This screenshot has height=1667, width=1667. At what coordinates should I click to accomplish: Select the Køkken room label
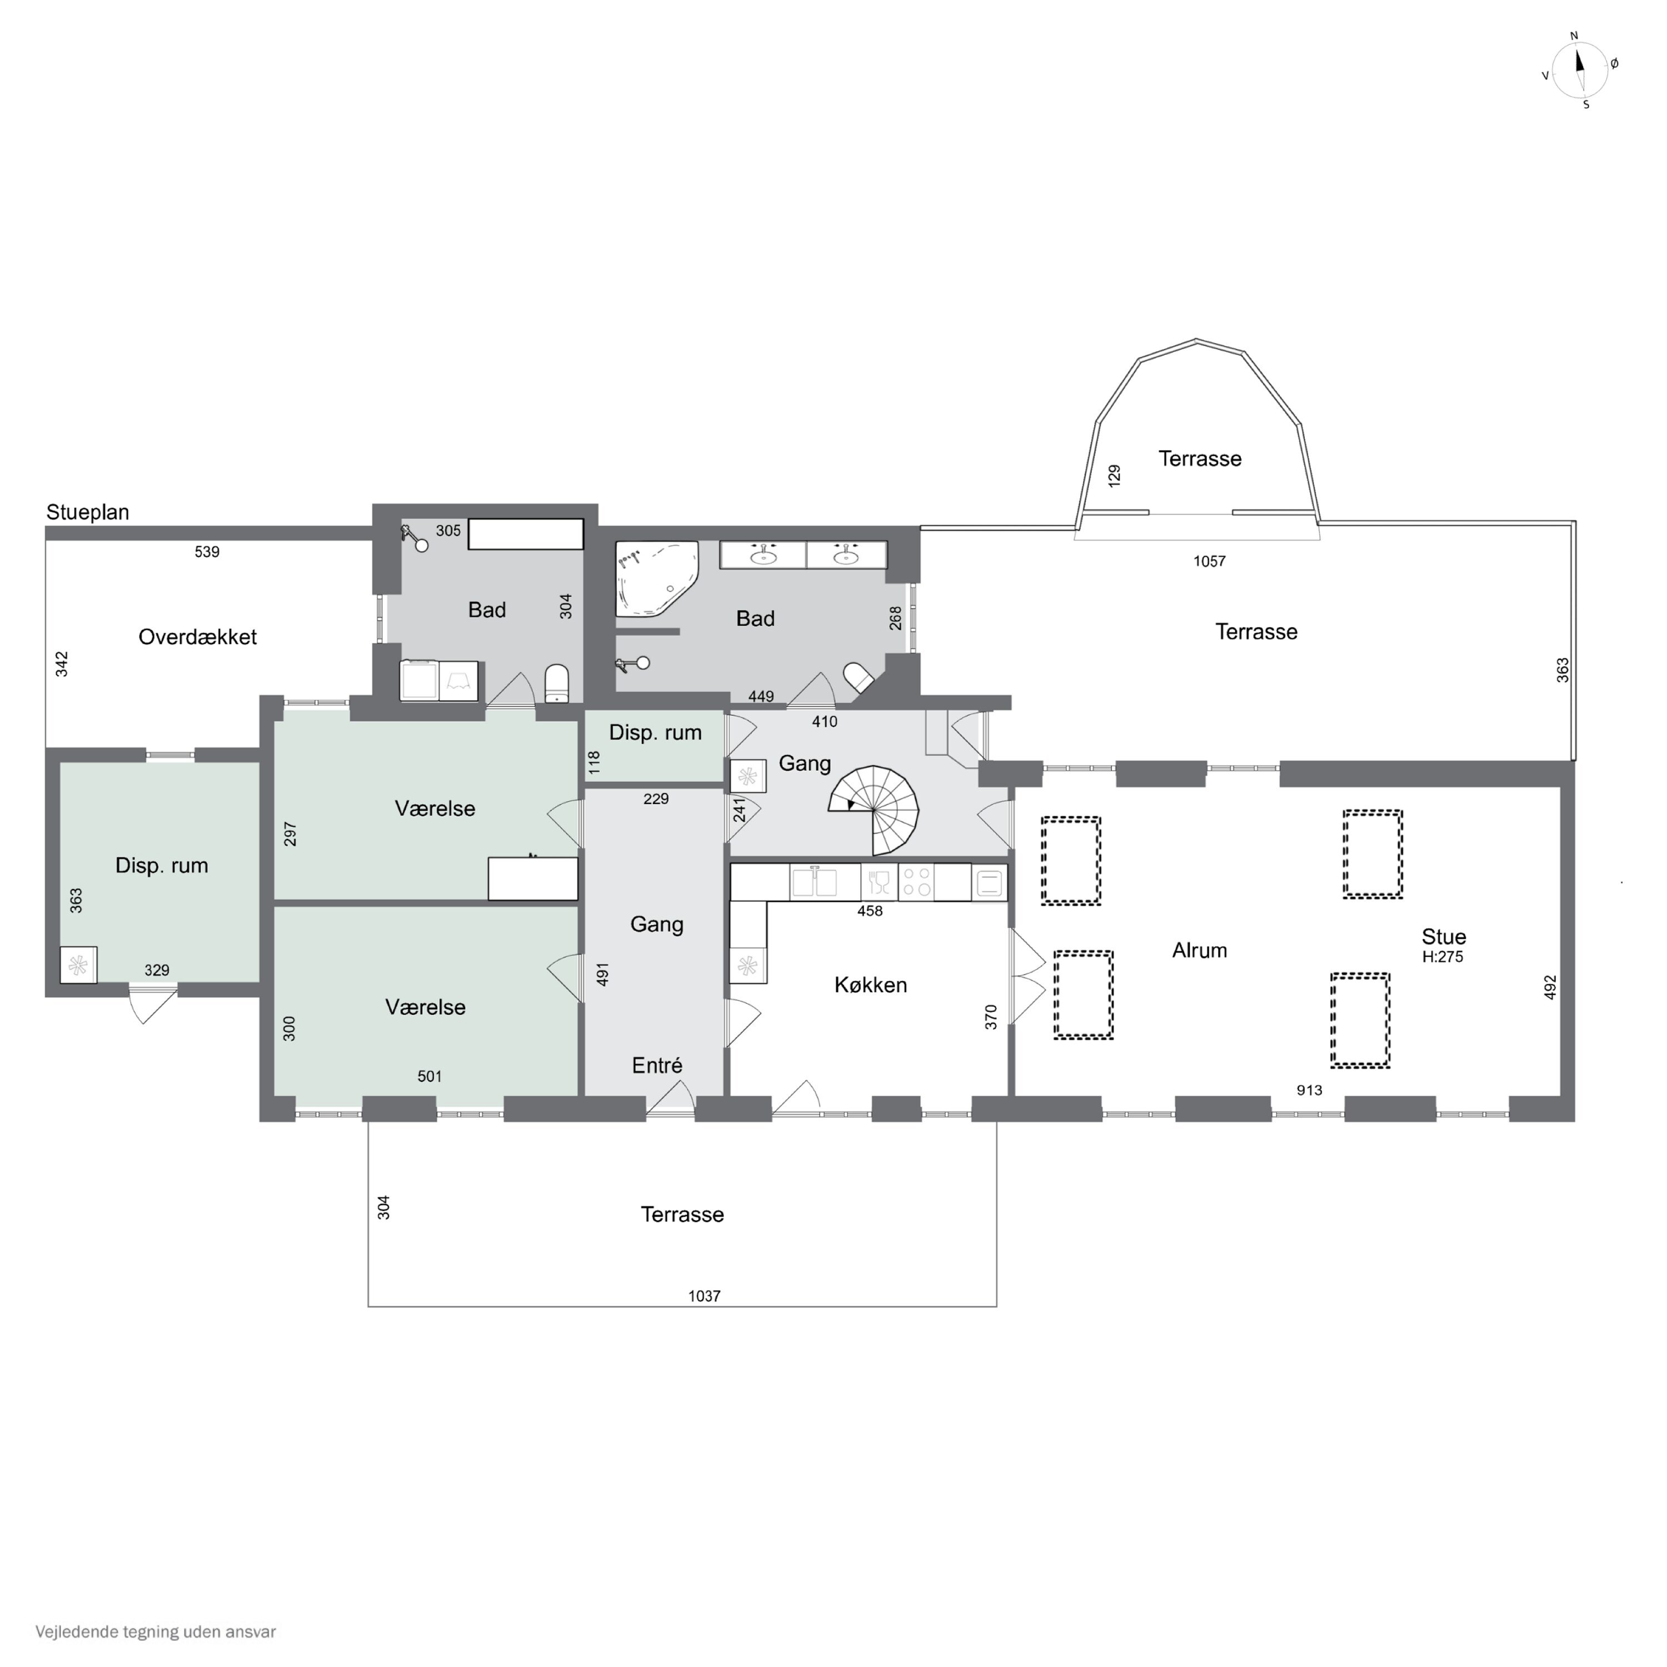[x=871, y=985]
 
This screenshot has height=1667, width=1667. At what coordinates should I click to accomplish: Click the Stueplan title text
[x=88, y=512]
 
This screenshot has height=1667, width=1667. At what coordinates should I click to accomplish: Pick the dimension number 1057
[x=1210, y=562]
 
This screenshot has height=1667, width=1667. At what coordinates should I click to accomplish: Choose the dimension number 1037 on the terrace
[x=704, y=1296]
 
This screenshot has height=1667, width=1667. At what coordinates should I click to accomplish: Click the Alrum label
[x=1199, y=950]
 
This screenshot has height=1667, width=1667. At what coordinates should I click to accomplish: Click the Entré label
[x=657, y=1066]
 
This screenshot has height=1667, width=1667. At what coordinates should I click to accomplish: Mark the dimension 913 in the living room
[x=1309, y=1091]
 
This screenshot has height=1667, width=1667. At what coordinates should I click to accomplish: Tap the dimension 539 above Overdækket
[x=207, y=552]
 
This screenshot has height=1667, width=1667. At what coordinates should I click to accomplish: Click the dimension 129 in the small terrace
[x=1114, y=476]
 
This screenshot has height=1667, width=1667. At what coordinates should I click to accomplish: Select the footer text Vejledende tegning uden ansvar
[x=156, y=1631]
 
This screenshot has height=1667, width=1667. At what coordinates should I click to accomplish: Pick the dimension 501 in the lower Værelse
[x=430, y=1077]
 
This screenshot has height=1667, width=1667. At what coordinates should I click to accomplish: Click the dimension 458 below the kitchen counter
[x=870, y=911]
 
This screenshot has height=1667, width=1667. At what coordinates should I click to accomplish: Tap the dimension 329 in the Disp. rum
[x=157, y=971]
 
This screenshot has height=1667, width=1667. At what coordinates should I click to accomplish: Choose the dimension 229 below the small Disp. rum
[x=656, y=799]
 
